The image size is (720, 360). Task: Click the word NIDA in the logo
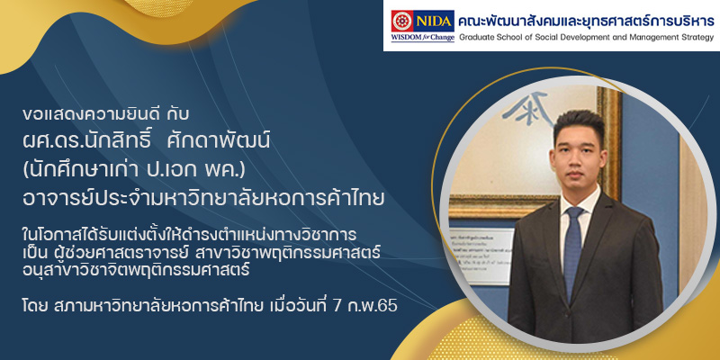coord(434,21)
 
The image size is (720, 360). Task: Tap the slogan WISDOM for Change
coord(423,38)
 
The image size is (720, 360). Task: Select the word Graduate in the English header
coord(475,38)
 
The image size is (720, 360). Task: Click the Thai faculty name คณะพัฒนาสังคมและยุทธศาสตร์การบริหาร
coord(587,21)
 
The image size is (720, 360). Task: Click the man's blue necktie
coord(572,253)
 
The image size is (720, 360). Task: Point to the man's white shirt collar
coord(579,201)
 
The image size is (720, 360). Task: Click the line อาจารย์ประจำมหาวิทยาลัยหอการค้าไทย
coord(203,198)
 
